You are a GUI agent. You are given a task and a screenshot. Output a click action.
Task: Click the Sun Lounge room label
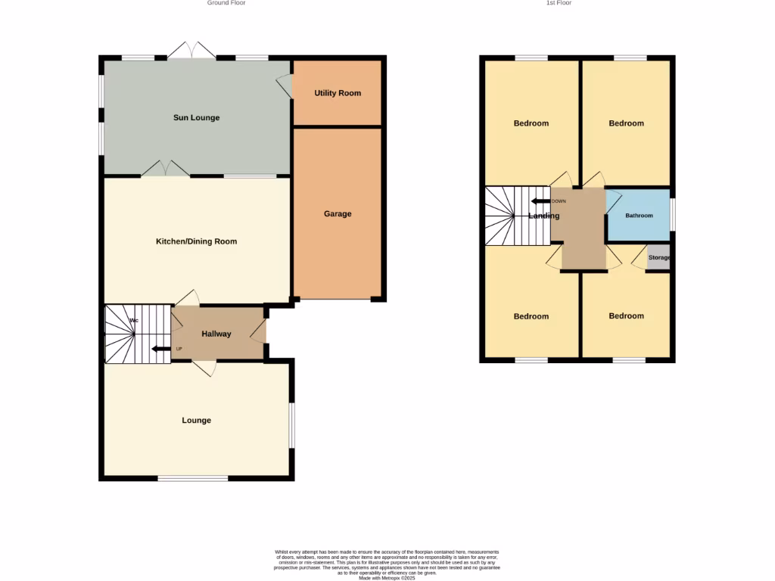pyautogui.click(x=196, y=118)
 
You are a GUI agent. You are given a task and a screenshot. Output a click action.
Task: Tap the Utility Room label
pyautogui.click(x=338, y=93)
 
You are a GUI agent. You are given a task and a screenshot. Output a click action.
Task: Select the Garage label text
pyautogui.click(x=338, y=214)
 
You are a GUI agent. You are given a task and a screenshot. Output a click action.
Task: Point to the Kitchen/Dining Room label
pyautogui.click(x=196, y=242)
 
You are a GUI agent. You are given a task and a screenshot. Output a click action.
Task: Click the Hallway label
pyautogui.click(x=216, y=334)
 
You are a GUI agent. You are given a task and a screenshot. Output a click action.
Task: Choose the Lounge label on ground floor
pyautogui.click(x=196, y=421)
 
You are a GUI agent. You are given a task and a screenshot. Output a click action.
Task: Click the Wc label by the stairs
pyautogui.click(x=134, y=321)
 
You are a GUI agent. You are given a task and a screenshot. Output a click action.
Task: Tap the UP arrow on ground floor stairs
pyautogui.click(x=161, y=349)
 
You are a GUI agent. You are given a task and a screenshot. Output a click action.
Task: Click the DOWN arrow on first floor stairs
pyautogui.click(x=540, y=201)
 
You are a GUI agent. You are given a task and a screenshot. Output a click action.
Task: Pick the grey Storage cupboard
pyautogui.click(x=658, y=258)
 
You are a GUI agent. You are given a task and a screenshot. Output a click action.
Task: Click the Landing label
pyautogui.click(x=544, y=216)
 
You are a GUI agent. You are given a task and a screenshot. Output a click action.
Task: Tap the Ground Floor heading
pyautogui.click(x=226, y=3)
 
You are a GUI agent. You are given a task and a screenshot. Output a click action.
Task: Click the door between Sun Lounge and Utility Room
pyautogui.click(x=285, y=85)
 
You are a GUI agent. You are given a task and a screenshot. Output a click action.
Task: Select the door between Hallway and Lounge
pyautogui.click(x=204, y=367)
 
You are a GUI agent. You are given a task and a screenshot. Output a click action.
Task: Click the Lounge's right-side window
pyautogui.click(x=293, y=425)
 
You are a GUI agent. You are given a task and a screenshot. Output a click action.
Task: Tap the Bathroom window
pyautogui.click(x=673, y=211)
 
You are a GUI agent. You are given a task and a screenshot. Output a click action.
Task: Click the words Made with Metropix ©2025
pyautogui.click(x=387, y=578)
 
